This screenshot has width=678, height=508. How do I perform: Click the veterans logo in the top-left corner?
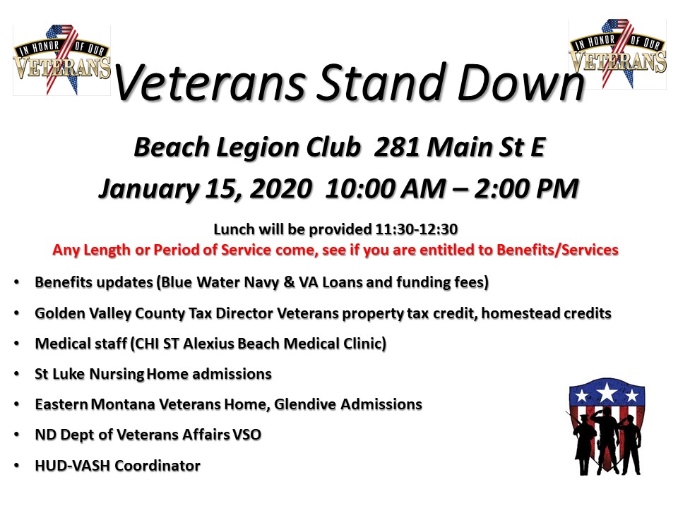tap(61, 59)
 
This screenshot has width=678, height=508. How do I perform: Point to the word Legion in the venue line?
tap(254, 147)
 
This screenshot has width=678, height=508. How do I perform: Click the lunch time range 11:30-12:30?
tap(419, 229)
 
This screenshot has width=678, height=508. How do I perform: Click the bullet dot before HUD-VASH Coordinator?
tap(16, 466)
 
